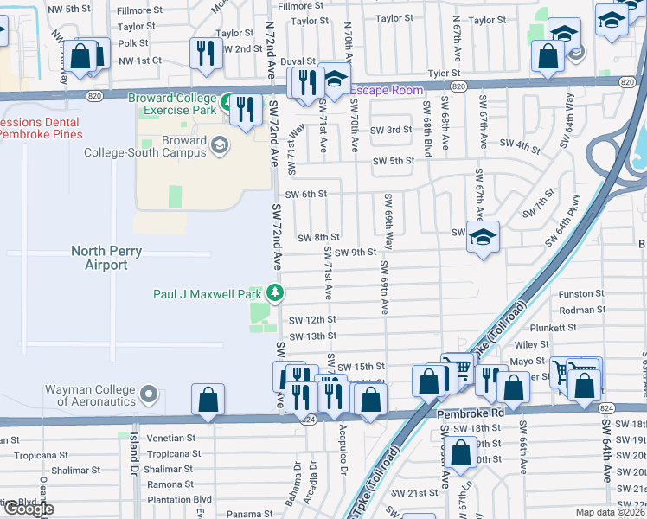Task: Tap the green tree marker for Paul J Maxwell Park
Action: tap(275, 294)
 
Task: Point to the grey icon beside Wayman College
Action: tap(148, 395)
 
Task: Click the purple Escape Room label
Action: tap(386, 90)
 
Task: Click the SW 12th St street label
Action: tap(311, 320)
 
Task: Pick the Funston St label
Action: tap(581, 294)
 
